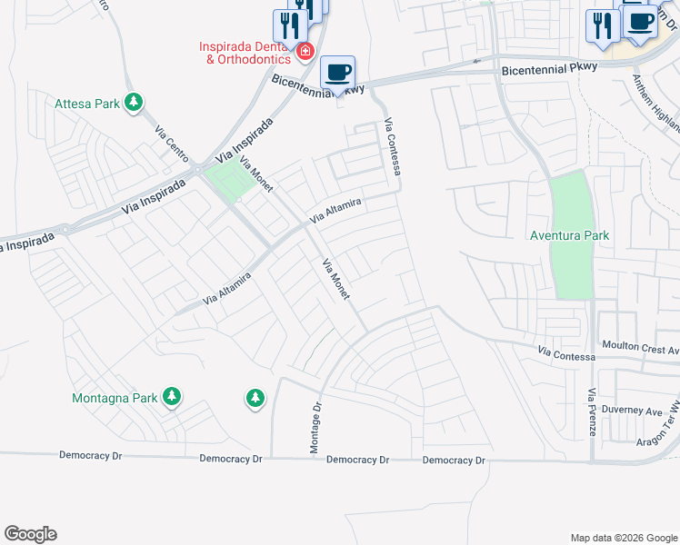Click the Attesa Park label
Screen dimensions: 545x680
click(x=87, y=104)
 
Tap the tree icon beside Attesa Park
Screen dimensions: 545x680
click(x=134, y=102)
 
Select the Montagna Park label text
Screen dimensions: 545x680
click(x=115, y=398)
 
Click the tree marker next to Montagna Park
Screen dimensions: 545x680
click(x=171, y=396)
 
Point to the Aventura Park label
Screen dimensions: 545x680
click(x=569, y=235)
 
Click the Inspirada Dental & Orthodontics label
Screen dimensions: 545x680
click(x=246, y=53)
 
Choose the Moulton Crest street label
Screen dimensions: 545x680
click(x=641, y=347)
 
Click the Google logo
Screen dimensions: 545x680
click(x=30, y=533)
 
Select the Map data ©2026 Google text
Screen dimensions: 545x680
click(x=623, y=538)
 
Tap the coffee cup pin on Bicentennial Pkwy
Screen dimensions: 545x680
click(x=337, y=72)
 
